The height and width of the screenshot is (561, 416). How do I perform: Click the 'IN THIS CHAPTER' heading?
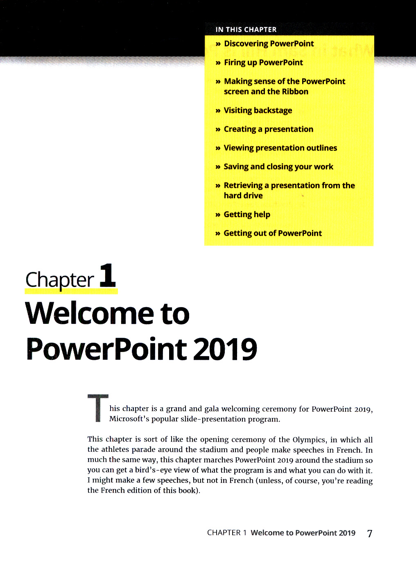coord(246,29)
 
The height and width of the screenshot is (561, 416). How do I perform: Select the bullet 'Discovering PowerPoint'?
coord(269,44)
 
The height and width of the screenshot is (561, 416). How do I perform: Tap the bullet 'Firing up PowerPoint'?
coord(263,63)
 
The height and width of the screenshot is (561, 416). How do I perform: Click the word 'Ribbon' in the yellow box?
coord(295,92)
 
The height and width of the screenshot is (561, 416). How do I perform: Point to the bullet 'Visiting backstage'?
coord(258,110)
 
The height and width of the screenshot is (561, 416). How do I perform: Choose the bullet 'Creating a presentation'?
coord(268,129)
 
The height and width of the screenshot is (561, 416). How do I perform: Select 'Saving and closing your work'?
coord(278,167)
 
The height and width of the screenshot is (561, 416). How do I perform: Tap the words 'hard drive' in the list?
coord(243,196)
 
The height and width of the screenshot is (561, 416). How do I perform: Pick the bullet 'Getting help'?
coord(247,215)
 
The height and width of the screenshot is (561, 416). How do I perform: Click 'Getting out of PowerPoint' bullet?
coord(273,233)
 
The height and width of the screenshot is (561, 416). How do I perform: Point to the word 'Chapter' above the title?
coord(60,280)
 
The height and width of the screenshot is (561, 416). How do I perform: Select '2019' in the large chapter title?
coord(225,349)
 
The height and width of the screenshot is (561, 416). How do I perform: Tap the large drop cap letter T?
coord(98,408)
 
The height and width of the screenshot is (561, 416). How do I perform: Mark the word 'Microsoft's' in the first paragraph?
coord(129,419)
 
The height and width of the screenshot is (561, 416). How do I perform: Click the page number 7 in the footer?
coord(370,533)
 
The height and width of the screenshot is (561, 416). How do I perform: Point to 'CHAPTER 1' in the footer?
coord(227,533)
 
